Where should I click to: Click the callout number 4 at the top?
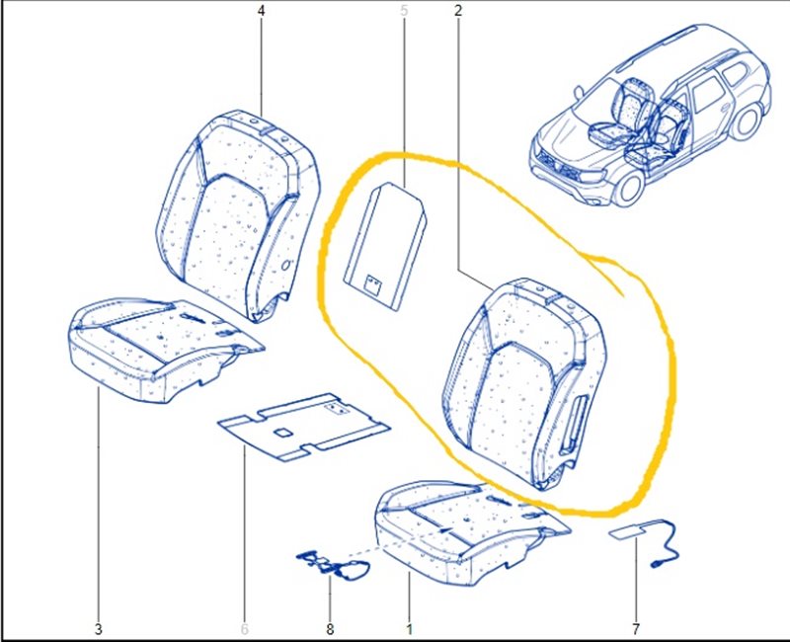click(x=261, y=11)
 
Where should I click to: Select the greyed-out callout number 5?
click(x=404, y=11)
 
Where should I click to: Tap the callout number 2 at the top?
click(x=457, y=11)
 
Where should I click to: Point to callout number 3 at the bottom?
click(x=98, y=629)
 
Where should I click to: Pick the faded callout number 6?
click(x=245, y=629)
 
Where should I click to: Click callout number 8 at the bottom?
click(x=330, y=629)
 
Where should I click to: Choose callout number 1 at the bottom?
click(x=410, y=629)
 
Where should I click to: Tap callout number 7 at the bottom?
click(x=635, y=629)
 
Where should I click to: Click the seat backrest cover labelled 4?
click(x=237, y=216)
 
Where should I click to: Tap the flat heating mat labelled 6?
click(x=304, y=427)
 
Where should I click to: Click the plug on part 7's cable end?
click(x=657, y=565)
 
